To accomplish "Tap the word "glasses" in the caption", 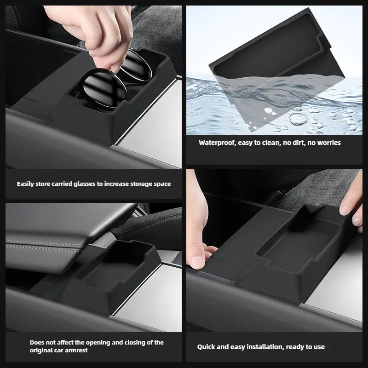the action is [x=85, y=184].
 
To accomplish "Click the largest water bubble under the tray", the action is [x=298, y=119].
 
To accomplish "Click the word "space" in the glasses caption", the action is [x=162, y=184].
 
